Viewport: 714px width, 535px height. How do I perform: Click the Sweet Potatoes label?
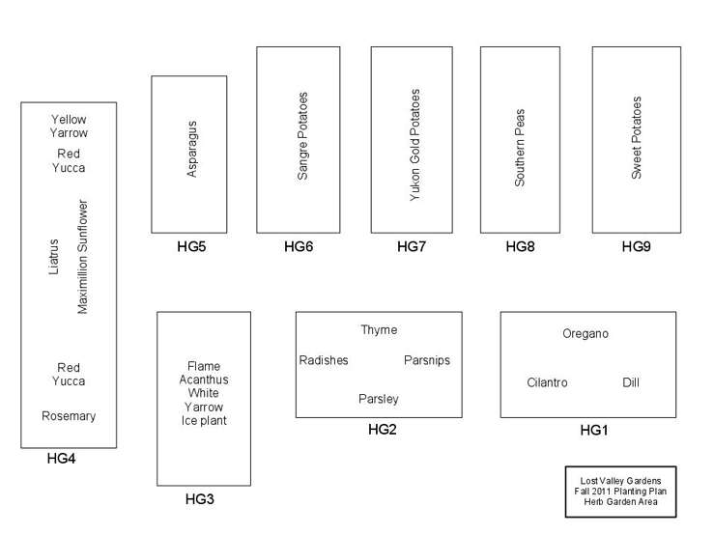636,137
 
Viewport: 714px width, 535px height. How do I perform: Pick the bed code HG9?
636,247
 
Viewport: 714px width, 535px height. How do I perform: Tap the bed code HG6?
299,247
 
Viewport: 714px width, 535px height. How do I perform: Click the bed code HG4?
61,459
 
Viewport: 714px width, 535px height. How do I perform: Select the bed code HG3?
200,499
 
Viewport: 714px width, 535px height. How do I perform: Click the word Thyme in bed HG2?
379,330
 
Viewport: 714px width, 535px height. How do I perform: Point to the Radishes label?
324,360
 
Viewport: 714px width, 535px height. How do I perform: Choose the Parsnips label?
427,360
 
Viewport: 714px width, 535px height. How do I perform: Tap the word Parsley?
378,399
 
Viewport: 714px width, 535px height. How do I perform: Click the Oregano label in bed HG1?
585,334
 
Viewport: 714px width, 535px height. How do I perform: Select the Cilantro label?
547,382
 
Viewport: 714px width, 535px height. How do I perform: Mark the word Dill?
631,382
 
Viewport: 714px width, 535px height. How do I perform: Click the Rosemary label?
69,416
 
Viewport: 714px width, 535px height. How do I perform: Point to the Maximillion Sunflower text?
82,257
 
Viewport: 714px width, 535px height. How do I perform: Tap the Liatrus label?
54,257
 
